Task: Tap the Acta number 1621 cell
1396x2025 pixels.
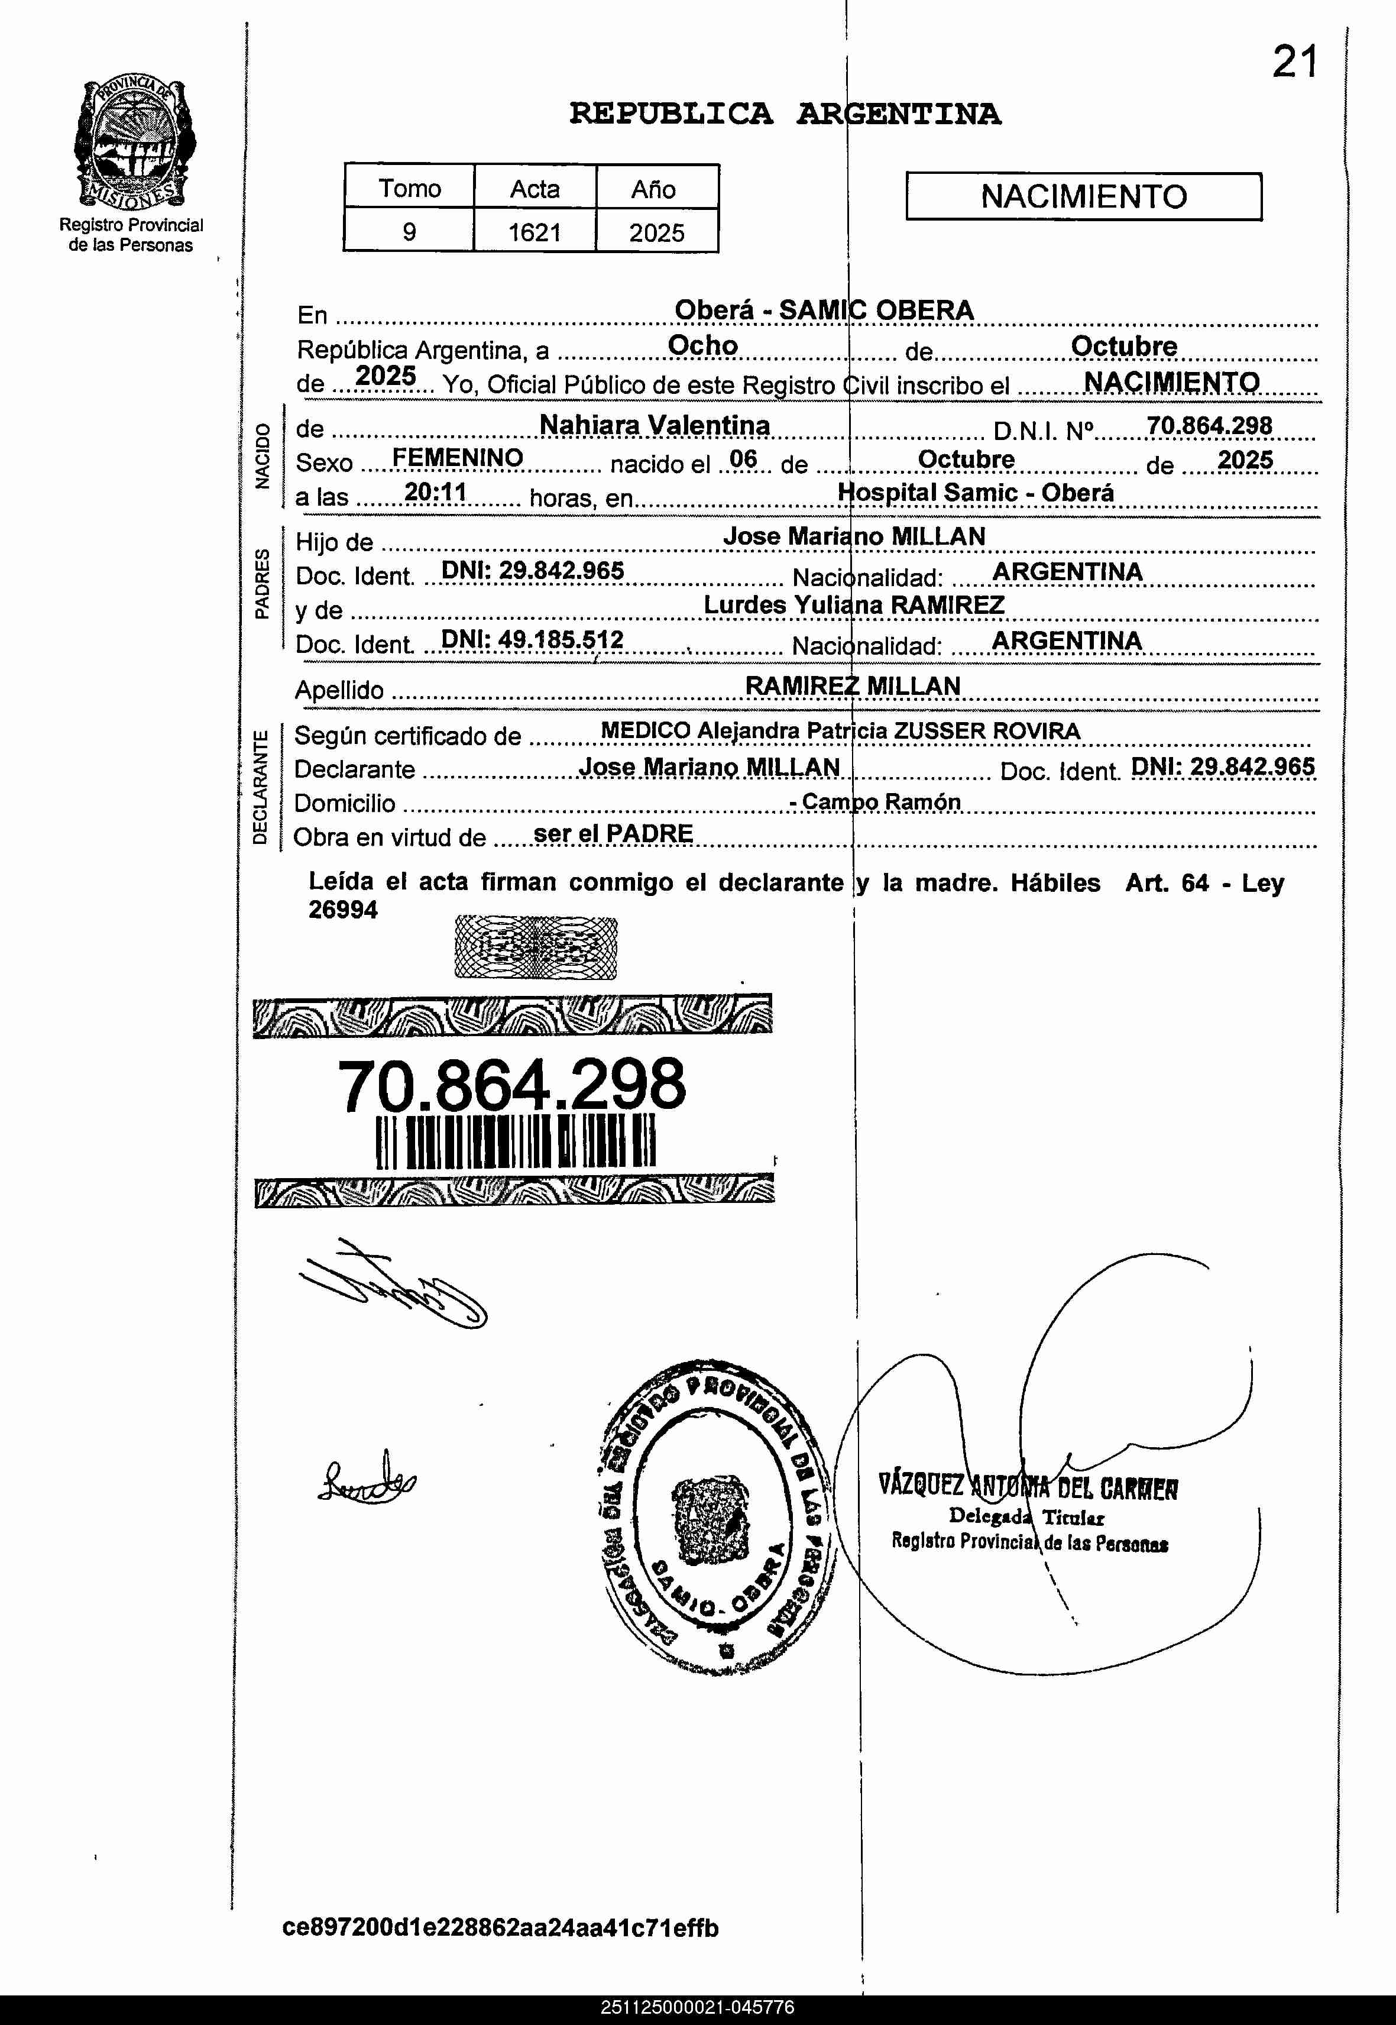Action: coord(535,232)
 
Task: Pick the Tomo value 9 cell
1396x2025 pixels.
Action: coord(409,232)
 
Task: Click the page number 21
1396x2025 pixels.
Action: coord(1294,62)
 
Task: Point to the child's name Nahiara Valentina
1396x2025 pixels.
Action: coord(655,425)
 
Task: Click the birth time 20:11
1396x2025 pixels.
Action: coord(436,493)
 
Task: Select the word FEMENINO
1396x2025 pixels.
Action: coord(458,458)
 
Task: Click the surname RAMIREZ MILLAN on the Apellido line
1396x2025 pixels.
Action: coord(852,686)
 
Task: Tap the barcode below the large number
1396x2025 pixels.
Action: coord(515,1143)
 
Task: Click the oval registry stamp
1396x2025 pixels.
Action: coord(715,1518)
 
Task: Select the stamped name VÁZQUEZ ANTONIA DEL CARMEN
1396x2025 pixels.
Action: coord(1028,1486)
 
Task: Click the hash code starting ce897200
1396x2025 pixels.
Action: coord(500,1927)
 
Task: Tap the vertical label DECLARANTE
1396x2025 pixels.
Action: coord(260,787)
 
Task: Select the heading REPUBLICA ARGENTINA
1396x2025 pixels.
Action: coord(785,114)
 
